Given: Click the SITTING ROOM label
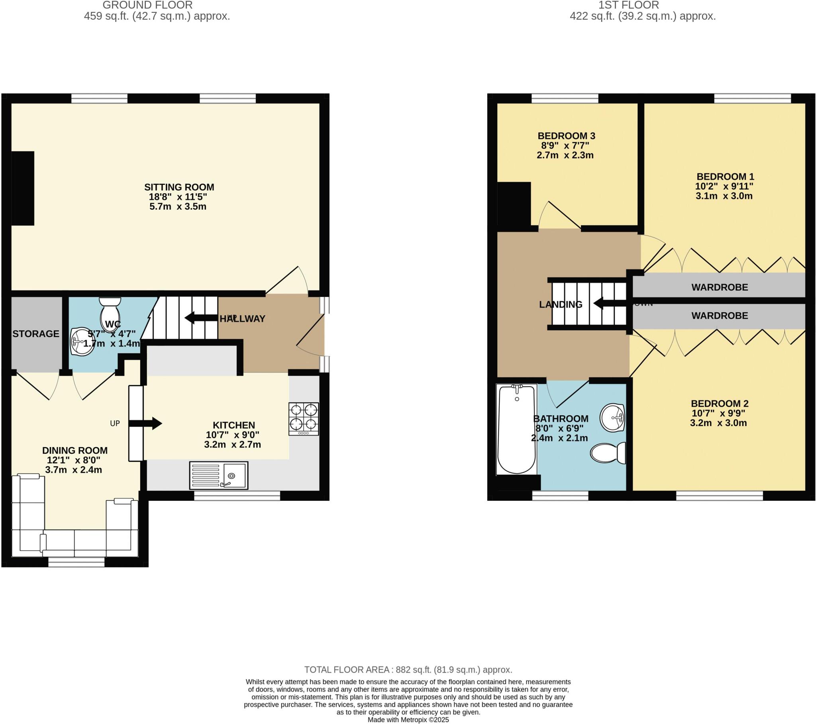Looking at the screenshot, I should [179, 187].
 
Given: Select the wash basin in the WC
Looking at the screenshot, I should [82, 341].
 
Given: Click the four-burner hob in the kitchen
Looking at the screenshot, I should [303, 418].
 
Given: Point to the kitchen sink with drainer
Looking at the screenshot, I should [218, 475].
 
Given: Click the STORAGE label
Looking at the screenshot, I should [36, 334].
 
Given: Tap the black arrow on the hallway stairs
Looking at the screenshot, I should [201, 318].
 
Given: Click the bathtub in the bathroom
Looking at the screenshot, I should [517, 429].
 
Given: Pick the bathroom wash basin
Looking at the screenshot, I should [612, 418].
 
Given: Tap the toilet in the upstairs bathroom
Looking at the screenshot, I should [608, 453].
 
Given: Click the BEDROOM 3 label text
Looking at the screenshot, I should [566, 136].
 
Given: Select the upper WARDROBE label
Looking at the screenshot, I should [720, 287].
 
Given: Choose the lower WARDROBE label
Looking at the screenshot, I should [720, 316].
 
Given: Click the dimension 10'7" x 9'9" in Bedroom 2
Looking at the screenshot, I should [718, 413].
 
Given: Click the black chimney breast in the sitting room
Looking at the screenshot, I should [23, 188].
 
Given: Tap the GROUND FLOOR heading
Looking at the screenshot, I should [147, 5].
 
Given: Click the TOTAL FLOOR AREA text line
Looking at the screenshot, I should [408, 670].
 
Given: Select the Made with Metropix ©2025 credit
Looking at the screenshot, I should [408, 720].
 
